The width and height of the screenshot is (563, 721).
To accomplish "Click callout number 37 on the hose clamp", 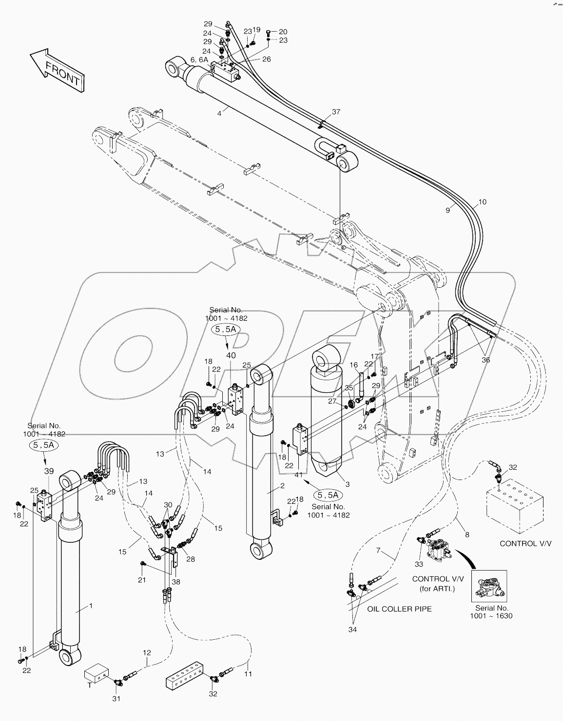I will coord(336,112).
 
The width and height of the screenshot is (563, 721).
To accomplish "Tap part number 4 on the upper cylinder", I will coord(219,113).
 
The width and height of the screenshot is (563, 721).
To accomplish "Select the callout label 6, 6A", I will coord(199,59).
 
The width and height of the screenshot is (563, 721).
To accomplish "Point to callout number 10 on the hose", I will coord(482,202).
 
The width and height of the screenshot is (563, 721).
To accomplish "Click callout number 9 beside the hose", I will coord(447,210).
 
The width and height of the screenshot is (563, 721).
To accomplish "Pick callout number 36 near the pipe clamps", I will coord(485,360).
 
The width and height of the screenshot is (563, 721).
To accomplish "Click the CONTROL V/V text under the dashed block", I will coord(525,543).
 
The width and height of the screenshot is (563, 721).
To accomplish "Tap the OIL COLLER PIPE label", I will coord(399,609).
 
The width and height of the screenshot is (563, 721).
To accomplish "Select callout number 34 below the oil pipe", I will coord(352,630).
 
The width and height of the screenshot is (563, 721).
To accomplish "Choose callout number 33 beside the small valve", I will coord(419,564).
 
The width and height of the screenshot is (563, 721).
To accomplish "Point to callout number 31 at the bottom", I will coord(116,699).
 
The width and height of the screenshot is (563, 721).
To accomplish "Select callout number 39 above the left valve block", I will coord(49,471).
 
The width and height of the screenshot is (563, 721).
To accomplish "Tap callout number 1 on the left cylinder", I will coord(90,606).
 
